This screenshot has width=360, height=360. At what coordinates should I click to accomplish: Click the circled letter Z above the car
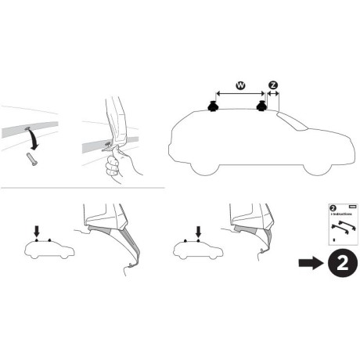click(x=273, y=85)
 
